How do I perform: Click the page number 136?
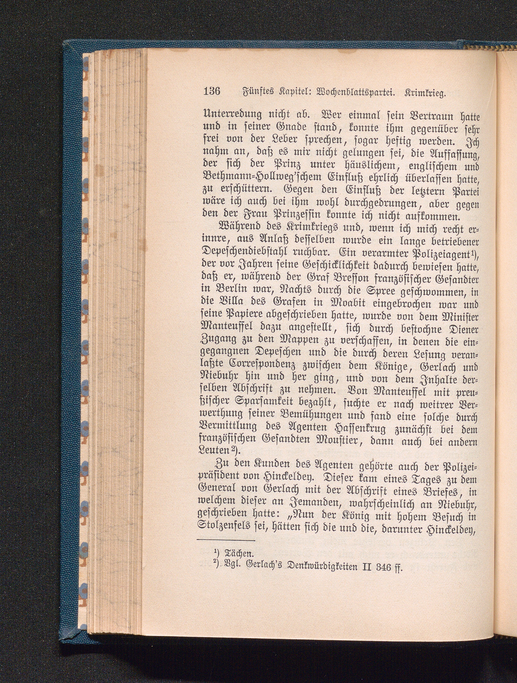coord(212,92)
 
